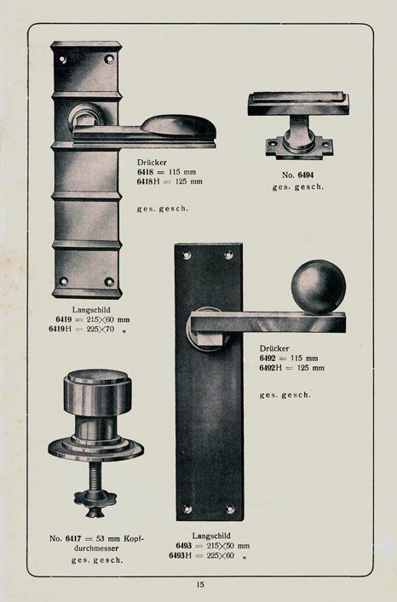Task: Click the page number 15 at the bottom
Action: click(200, 584)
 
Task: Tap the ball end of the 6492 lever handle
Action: click(319, 286)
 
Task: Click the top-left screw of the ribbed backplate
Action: click(62, 60)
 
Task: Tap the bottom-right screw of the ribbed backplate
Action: click(109, 281)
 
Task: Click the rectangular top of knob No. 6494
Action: click(298, 105)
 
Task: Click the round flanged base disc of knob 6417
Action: click(95, 448)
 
